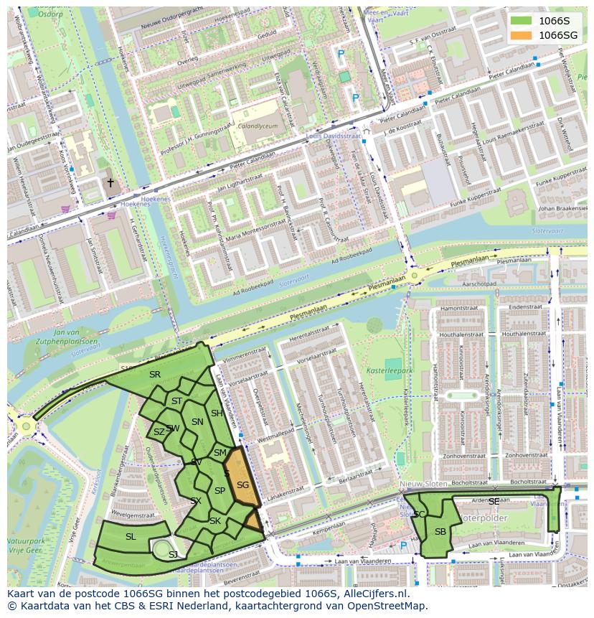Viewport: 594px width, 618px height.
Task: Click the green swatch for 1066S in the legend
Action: point(522,21)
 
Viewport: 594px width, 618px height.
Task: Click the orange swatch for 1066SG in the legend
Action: point(522,35)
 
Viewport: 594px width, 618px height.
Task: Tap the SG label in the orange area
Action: point(242,485)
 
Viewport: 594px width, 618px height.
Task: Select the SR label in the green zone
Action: point(155,374)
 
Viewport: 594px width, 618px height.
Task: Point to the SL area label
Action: point(131,536)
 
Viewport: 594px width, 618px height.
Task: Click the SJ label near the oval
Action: point(173,554)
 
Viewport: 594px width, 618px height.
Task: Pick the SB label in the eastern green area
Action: point(440,531)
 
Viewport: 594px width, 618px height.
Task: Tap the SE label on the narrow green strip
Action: point(494,501)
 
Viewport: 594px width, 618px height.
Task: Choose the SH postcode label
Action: point(217,413)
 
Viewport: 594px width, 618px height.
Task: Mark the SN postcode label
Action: point(197,422)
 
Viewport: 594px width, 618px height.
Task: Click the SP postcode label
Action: point(220,490)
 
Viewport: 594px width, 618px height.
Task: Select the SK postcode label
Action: point(215,520)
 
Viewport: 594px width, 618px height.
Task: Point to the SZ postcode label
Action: point(159,432)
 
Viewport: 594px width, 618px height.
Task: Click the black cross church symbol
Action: point(110,183)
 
